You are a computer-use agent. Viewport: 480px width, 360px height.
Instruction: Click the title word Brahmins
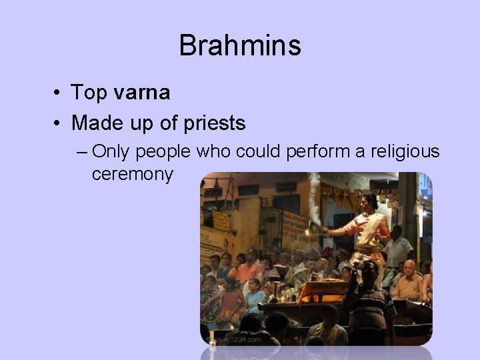click(x=240, y=46)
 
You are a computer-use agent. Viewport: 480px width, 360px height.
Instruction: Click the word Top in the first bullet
click(x=90, y=93)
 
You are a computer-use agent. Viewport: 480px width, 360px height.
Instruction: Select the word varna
click(x=141, y=93)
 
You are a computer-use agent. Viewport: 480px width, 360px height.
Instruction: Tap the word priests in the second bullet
click(x=214, y=123)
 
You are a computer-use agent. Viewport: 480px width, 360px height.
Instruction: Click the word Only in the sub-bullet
click(x=112, y=152)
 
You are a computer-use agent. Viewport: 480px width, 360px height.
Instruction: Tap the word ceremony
click(x=133, y=175)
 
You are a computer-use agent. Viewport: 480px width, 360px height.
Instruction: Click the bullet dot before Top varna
click(x=59, y=93)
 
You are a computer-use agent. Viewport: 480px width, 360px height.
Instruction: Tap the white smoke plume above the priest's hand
click(x=314, y=200)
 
